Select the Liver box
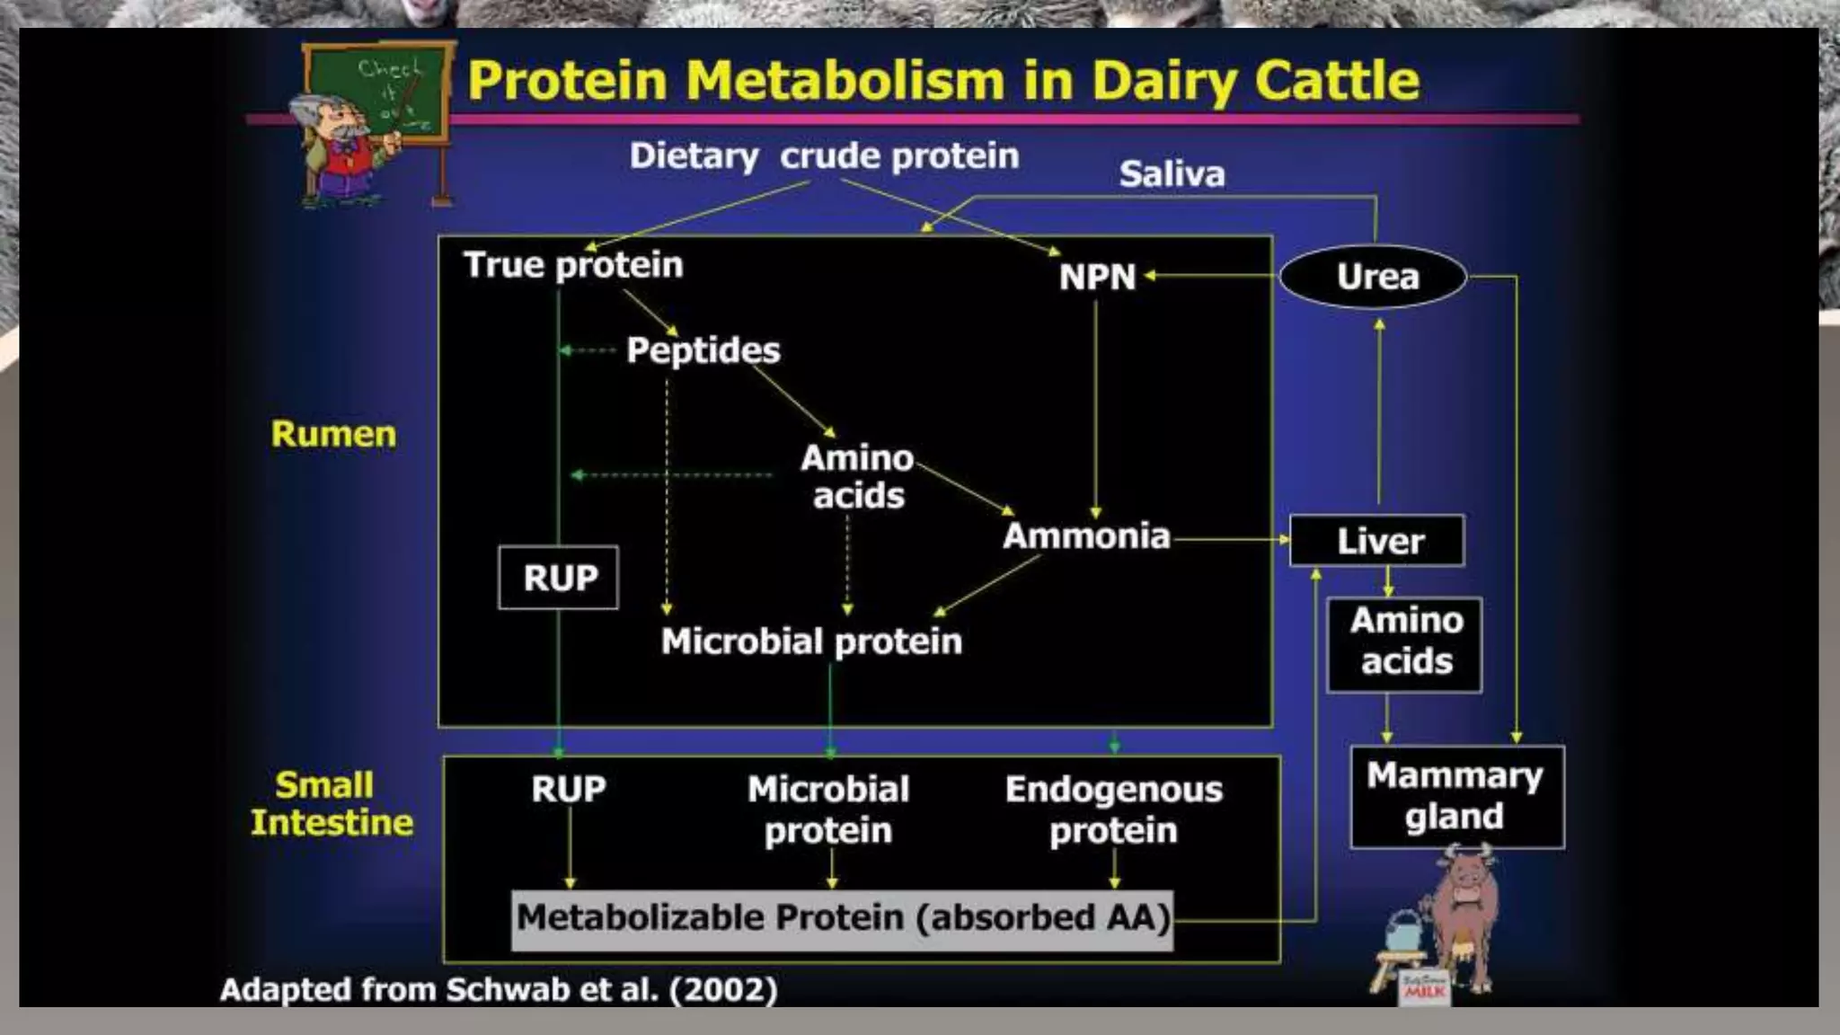click(x=1377, y=541)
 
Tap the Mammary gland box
click(x=1456, y=796)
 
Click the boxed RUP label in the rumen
click(x=559, y=578)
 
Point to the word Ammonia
click(x=1086, y=536)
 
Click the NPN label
click(x=1097, y=278)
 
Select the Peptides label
click(x=703, y=350)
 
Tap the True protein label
click(x=573, y=265)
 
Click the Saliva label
click(x=1172, y=174)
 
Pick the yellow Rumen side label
click(x=333, y=434)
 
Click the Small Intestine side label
click(x=331, y=804)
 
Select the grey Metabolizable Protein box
click(x=842, y=919)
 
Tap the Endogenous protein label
click(x=1113, y=809)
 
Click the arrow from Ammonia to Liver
click(x=1231, y=540)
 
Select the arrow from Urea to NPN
click(x=1213, y=276)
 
